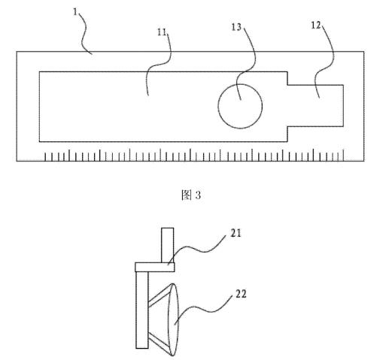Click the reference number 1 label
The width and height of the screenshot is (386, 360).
click(x=75, y=12)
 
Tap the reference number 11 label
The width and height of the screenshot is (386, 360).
click(x=162, y=32)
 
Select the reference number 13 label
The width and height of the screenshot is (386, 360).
click(x=236, y=27)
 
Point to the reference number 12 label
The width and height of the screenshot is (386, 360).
click(x=316, y=25)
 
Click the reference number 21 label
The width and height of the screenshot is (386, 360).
click(x=236, y=234)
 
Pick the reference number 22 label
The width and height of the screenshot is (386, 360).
click(x=241, y=294)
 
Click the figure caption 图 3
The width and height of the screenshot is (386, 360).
click(x=191, y=195)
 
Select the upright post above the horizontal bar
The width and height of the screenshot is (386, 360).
click(x=168, y=245)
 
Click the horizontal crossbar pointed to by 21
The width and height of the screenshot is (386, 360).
click(x=155, y=267)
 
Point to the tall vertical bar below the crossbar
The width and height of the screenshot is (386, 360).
click(x=142, y=310)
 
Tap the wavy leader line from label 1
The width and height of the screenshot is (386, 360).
click(x=84, y=32)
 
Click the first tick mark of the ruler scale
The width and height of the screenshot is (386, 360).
click(x=45, y=156)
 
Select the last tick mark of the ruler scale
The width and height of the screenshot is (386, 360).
click(x=343, y=155)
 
